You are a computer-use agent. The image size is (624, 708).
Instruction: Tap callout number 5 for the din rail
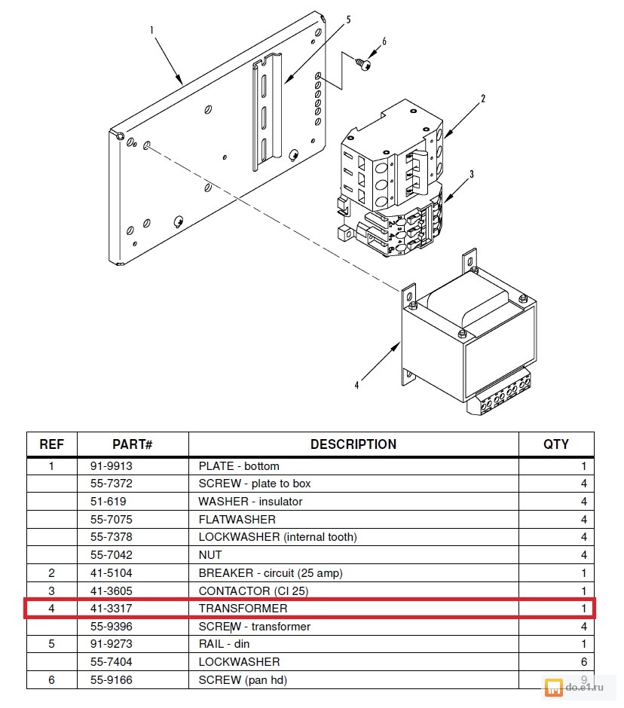click(348, 20)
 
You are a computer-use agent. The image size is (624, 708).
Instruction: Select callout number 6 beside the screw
click(384, 42)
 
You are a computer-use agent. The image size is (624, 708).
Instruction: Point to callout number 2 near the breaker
click(483, 99)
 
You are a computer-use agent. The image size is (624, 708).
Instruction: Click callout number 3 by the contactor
click(471, 174)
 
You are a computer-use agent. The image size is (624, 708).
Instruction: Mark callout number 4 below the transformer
click(356, 385)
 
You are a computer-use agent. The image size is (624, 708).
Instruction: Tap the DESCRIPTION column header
click(353, 444)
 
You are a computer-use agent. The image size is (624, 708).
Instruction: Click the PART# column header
click(133, 444)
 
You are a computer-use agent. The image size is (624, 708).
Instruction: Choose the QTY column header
click(556, 444)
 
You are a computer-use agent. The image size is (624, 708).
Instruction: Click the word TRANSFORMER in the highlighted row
click(243, 609)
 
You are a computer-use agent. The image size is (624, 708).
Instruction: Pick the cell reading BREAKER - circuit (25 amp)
click(270, 573)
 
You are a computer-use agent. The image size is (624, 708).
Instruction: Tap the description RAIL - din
click(224, 644)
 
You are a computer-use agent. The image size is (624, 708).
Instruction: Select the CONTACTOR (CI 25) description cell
click(253, 591)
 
